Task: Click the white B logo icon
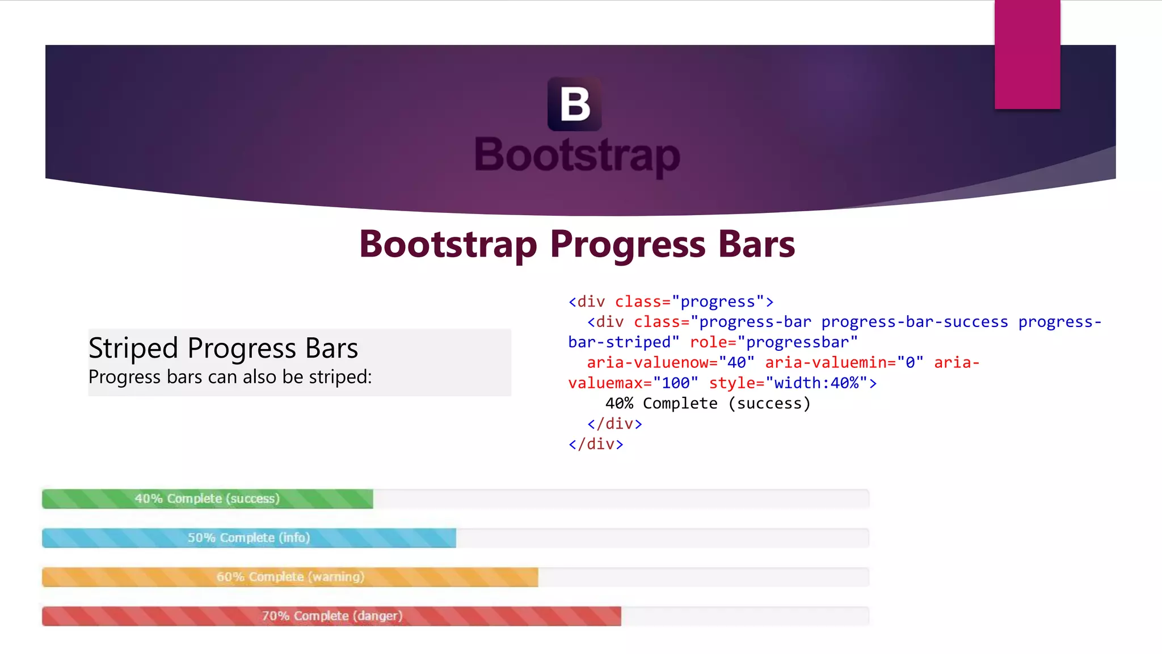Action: [574, 104]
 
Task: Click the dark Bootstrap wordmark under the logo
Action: [577, 155]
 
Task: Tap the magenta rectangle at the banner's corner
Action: [1027, 54]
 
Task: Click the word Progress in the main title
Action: [628, 245]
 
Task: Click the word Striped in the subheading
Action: [133, 348]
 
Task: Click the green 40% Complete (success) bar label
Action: [207, 498]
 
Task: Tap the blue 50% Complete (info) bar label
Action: [249, 538]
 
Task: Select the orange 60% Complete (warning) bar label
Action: [290, 577]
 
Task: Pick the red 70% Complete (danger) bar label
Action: [332, 616]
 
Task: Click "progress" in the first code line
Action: [718, 301]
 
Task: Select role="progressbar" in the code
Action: [773, 342]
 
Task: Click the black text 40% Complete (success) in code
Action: [708, 404]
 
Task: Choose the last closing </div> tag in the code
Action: [596, 445]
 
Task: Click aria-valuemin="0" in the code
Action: [844, 363]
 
